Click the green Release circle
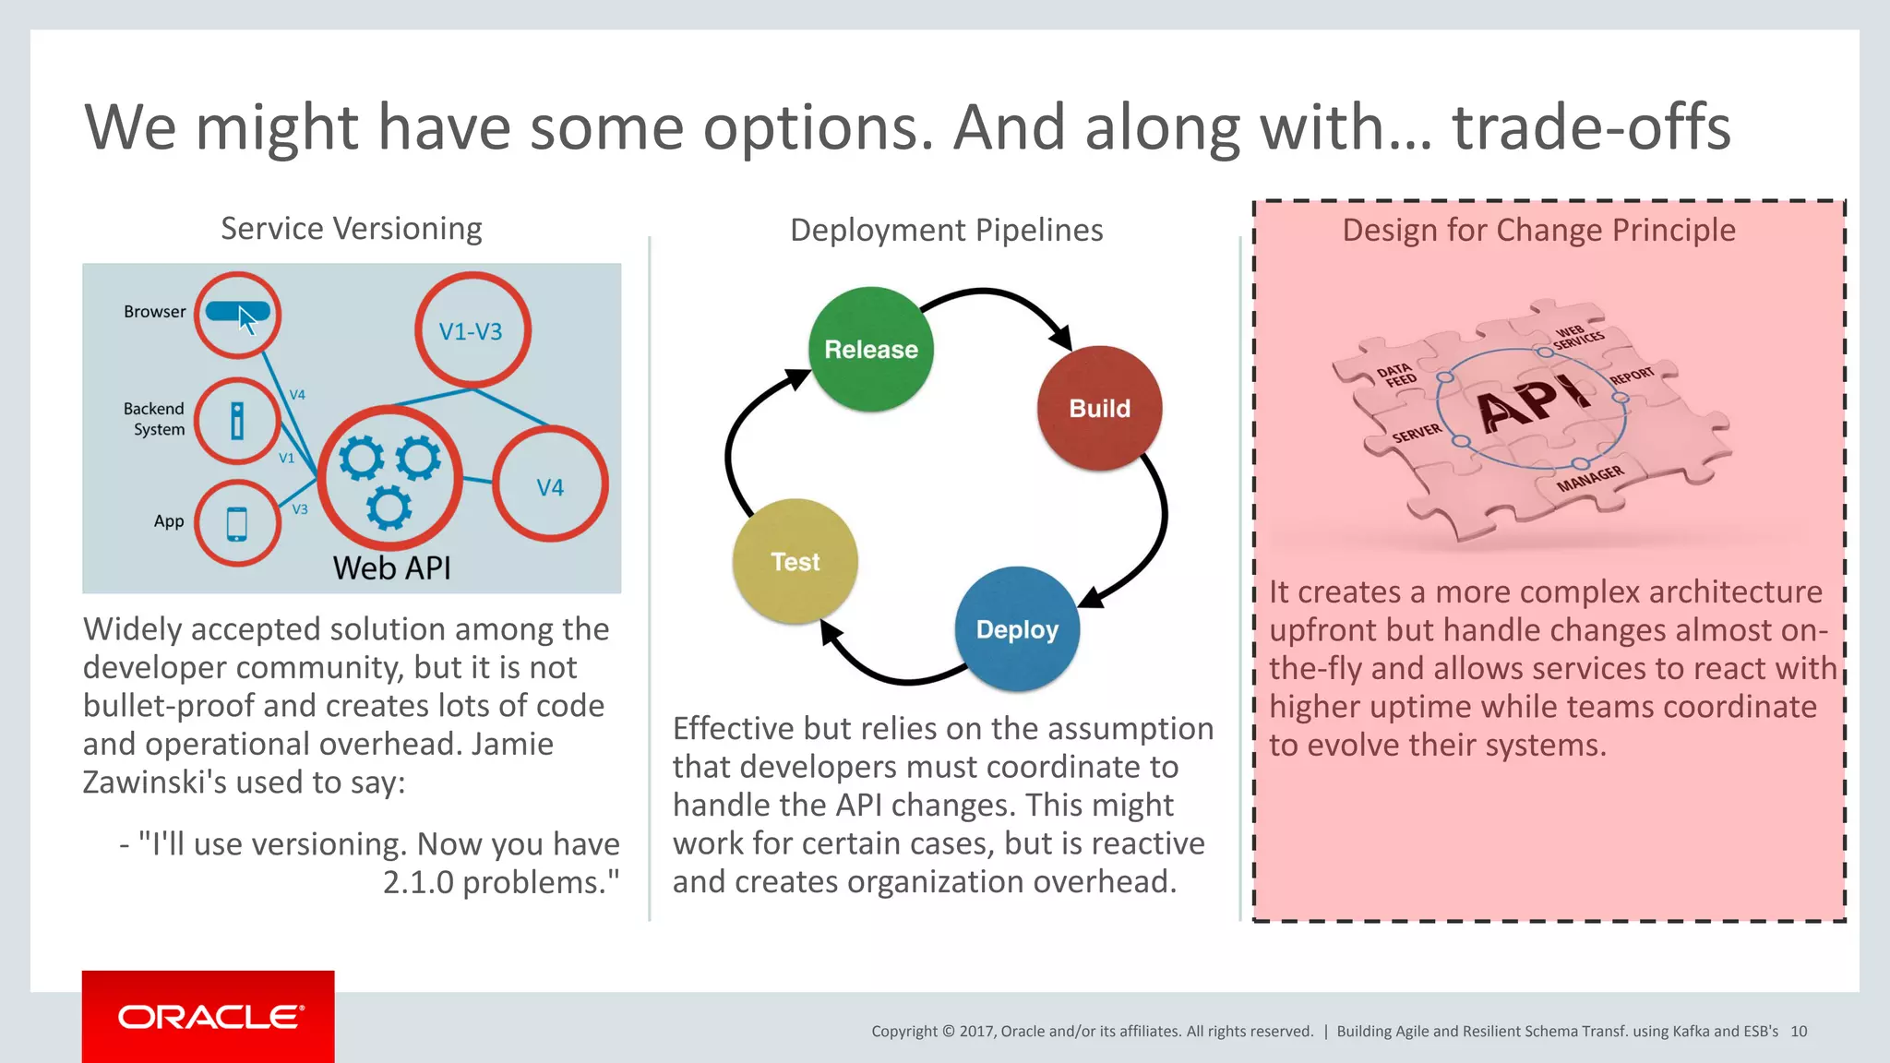pyautogui.click(x=870, y=350)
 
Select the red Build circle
pyautogui.click(x=1099, y=409)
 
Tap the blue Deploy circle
pyautogui.click(x=1017, y=629)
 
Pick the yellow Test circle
pyautogui.click(x=795, y=562)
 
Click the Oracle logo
pyautogui.click(x=209, y=1017)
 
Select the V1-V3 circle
pyautogui.click(x=472, y=330)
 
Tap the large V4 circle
pyautogui.click(x=550, y=485)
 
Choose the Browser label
pyautogui.click(x=154, y=312)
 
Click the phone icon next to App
pyautogui.click(x=237, y=523)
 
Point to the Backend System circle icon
pyautogui.click(x=237, y=421)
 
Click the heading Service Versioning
pyautogui.click(x=351, y=229)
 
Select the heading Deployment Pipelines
pyautogui.click(x=946, y=230)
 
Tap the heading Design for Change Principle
pyautogui.click(x=1538, y=230)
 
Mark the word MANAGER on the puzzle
pyautogui.click(x=1589, y=479)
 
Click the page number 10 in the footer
pyautogui.click(x=1798, y=1032)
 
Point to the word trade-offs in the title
pyautogui.click(x=1591, y=127)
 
